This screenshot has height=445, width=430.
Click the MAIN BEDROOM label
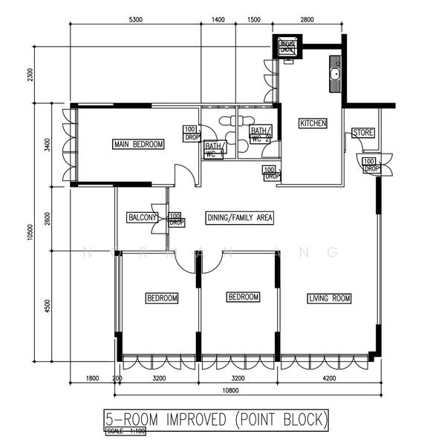138,144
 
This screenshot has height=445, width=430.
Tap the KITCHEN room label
313,123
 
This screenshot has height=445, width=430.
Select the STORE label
363,133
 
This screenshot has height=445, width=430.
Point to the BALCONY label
142,217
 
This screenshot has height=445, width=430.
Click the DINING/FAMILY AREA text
240,217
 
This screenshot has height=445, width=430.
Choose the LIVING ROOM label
329,298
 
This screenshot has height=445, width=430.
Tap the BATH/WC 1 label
214,149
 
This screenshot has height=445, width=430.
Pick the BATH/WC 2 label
261,134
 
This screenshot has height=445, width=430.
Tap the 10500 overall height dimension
30,231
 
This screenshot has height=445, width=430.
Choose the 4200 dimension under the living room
328,378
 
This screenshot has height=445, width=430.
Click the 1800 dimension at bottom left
92,378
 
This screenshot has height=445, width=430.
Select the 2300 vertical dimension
30,76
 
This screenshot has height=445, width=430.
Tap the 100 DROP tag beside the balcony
176,220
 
